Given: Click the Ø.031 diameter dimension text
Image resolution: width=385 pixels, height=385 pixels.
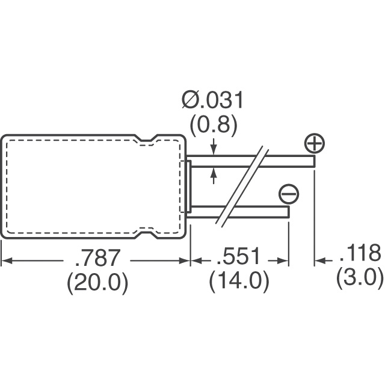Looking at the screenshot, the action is click(x=212, y=100).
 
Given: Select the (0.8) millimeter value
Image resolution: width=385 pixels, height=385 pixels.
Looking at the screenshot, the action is click(x=214, y=126).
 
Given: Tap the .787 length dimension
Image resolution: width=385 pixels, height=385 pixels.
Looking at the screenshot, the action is click(x=97, y=257).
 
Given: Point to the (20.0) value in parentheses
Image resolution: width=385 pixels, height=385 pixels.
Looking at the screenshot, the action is click(x=97, y=283).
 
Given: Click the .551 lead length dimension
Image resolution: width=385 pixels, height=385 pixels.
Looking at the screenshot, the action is click(x=238, y=256).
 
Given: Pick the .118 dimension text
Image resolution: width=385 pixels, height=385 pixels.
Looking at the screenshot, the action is click(x=360, y=253).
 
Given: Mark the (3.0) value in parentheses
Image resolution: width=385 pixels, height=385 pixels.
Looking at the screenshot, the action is click(x=360, y=278).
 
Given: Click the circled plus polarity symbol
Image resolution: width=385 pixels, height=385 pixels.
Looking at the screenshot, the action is click(x=315, y=143).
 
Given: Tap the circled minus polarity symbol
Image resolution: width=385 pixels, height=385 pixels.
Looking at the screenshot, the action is click(x=289, y=194).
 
